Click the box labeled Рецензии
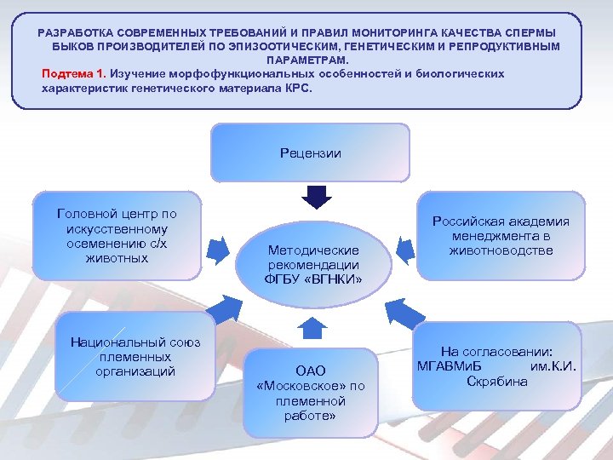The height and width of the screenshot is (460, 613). coord(310,154)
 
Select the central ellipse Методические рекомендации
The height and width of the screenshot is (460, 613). coord(313,264)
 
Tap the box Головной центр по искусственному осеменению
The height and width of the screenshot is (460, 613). coord(117,235)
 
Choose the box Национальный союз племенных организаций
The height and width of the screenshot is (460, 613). coord(135,358)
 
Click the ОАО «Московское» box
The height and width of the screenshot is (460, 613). coord(310,393)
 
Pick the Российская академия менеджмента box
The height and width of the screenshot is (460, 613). coord(501,236)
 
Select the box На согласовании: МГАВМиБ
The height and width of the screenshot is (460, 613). coord(496,366)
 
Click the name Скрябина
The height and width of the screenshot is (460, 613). coord(496,381)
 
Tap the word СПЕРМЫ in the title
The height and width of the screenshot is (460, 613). coord(544,32)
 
